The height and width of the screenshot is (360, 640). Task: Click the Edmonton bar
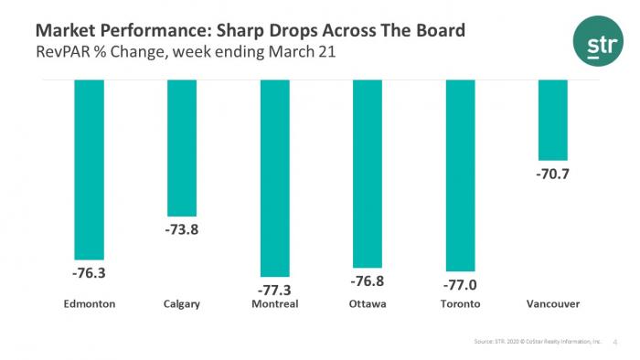(x=89, y=169)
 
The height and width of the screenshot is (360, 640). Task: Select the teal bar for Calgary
(x=181, y=147)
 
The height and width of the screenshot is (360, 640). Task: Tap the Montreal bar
(x=275, y=177)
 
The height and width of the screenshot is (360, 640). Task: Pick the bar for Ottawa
(x=368, y=173)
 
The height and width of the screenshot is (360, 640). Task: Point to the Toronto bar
(x=460, y=174)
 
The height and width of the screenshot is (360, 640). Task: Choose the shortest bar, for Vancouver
(x=553, y=120)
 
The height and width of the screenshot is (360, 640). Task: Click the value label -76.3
(x=89, y=272)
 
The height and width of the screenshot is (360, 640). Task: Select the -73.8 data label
(x=181, y=228)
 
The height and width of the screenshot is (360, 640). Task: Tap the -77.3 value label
(x=275, y=289)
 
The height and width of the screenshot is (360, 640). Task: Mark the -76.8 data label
(x=368, y=280)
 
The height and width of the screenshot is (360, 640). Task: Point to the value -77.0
(x=460, y=284)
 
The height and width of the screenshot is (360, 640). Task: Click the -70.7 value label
(x=553, y=174)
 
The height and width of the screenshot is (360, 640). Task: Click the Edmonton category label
(x=89, y=304)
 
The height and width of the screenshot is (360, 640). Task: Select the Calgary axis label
(x=181, y=304)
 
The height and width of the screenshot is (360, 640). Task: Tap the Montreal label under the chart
(x=275, y=304)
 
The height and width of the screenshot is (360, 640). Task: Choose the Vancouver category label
(x=553, y=304)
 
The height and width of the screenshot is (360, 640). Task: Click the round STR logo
(x=599, y=43)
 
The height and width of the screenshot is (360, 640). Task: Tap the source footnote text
(x=535, y=340)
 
